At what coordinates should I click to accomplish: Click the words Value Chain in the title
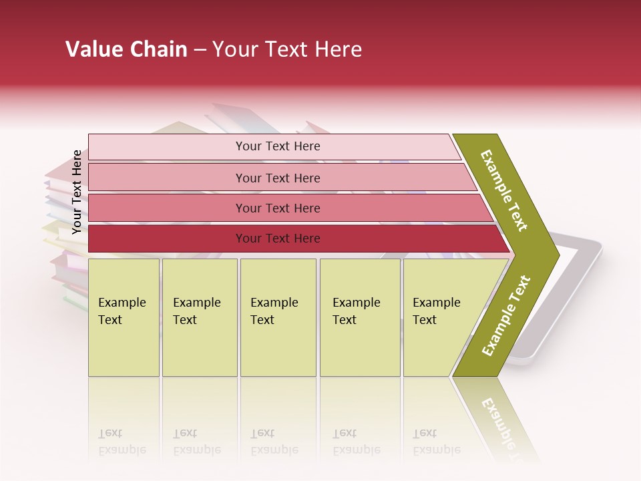(x=126, y=49)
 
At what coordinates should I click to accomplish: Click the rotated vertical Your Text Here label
(x=77, y=192)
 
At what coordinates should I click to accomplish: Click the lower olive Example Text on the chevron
(x=506, y=316)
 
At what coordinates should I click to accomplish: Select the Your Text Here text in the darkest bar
(x=278, y=238)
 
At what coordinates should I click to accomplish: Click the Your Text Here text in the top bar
(x=278, y=146)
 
